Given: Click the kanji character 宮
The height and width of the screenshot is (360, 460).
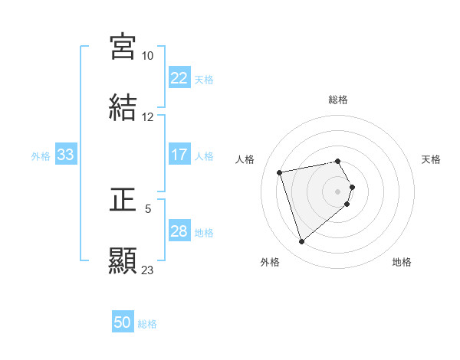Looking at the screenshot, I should click(x=123, y=46).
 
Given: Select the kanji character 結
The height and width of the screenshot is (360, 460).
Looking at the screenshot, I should click(x=123, y=106).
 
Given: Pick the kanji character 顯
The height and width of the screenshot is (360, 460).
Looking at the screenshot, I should click(x=123, y=260).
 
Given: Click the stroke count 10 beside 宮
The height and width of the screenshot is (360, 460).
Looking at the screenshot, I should click(x=147, y=56).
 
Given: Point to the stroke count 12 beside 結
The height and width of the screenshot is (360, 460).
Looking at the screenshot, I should click(x=147, y=116).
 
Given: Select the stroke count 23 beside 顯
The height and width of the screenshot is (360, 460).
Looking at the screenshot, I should click(x=147, y=270).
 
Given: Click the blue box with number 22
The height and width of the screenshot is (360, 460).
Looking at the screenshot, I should click(x=179, y=78).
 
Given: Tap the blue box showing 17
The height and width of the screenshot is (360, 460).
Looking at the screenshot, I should click(x=179, y=155).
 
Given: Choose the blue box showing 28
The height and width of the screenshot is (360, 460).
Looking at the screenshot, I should click(x=179, y=231).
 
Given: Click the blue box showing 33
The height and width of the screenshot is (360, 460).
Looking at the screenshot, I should click(x=65, y=155).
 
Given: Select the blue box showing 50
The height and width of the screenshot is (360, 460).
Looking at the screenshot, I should click(x=123, y=322).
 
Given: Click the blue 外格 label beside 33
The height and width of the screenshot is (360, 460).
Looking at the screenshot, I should click(x=41, y=156).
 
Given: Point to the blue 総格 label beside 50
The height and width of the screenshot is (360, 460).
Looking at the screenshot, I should click(x=147, y=324).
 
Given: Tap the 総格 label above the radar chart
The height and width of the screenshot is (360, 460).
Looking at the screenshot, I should click(x=338, y=100).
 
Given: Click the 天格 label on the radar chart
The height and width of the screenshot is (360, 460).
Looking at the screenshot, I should click(x=431, y=159).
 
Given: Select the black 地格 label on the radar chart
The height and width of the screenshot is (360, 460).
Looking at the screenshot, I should click(x=402, y=262).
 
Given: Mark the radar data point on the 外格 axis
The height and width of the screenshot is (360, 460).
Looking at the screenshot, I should click(x=301, y=242).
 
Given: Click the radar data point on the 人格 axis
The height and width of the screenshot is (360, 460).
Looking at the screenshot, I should click(x=280, y=172).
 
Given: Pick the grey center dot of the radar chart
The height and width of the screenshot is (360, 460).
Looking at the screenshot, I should click(x=338, y=191).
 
